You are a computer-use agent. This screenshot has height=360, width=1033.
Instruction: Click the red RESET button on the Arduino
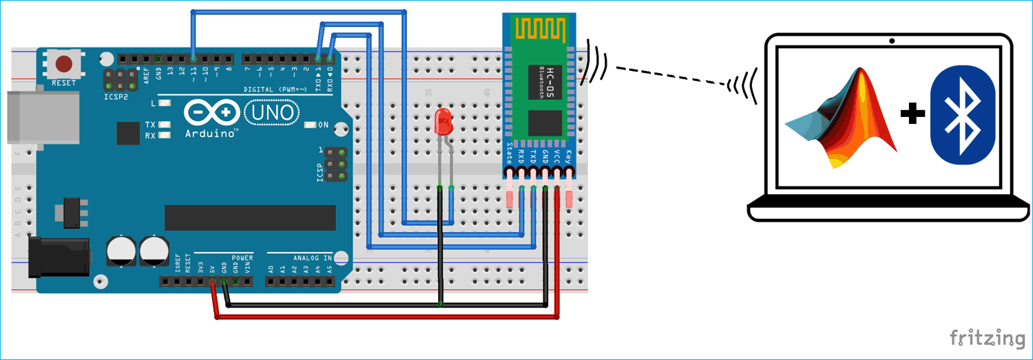point(64,65)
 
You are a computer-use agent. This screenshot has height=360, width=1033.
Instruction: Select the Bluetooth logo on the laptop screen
point(961,115)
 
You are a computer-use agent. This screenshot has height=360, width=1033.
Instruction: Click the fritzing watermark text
point(987,338)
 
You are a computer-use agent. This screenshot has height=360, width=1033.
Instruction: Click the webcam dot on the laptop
point(892,41)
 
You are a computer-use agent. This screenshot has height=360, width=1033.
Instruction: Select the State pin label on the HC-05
point(510,153)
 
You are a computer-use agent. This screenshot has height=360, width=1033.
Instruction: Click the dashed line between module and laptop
point(671,76)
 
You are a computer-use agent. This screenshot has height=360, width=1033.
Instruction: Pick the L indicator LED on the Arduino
point(164,103)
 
